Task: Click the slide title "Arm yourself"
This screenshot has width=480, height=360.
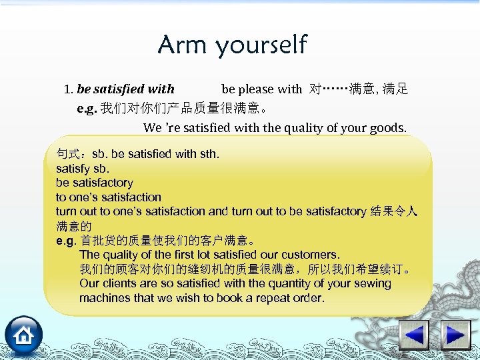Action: (x=232, y=45)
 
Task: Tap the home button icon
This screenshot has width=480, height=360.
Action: (x=24, y=335)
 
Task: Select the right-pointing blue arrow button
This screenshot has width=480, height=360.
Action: (x=457, y=335)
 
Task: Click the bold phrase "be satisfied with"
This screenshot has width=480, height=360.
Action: (x=126, y=89)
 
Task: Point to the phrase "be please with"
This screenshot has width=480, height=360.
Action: (x=261, y=89)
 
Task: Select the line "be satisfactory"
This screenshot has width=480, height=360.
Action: (x=95, y=183)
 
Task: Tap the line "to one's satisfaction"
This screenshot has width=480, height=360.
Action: (x=109, y=197)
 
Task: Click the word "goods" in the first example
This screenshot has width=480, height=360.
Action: (x=387, y=127)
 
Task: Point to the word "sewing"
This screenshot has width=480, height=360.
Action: (x=372, y=283)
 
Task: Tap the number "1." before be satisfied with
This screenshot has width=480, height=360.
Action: (x=69, y=89)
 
